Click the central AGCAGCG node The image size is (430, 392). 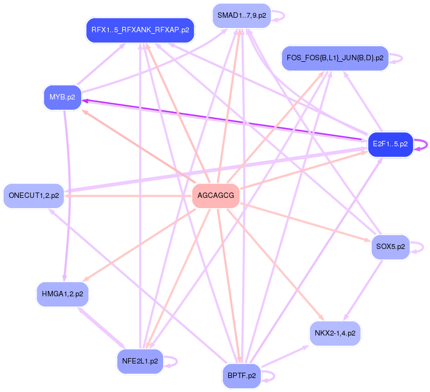click(216, 196)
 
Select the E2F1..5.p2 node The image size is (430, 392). click(390, 144)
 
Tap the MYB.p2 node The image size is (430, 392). click(62, 97)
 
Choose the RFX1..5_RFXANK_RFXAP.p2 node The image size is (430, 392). click(140, 30)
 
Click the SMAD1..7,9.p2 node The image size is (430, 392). click(242, 15)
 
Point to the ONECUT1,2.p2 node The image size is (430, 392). click(33, 195)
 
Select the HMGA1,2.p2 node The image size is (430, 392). click(62, 294)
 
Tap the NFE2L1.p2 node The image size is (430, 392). click(140, 361)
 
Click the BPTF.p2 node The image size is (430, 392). click(242, 375)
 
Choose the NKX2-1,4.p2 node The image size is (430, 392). click(335, 333)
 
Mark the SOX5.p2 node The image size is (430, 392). click(390, 247)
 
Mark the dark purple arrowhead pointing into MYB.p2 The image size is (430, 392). click(85, 100)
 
